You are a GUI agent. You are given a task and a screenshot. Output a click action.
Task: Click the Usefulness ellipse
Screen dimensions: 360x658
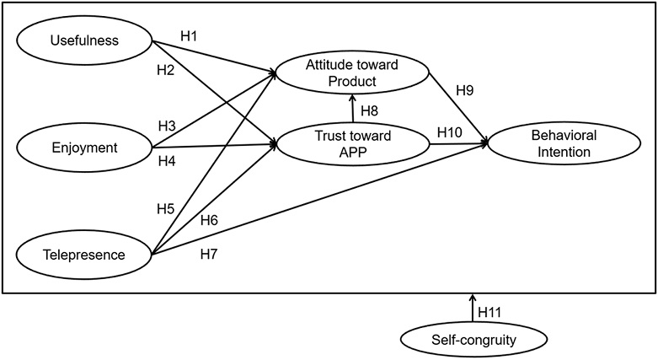click(x=83, y=40)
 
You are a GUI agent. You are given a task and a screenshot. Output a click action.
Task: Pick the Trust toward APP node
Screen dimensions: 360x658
click(x=352, y=143)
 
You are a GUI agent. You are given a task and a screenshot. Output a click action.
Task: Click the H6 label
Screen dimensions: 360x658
click(x=210, y=221)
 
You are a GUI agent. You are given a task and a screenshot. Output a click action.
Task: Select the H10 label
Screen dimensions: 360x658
click(x=449, y=132)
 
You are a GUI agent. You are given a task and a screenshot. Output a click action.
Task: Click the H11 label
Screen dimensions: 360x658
click(x=490, y=311)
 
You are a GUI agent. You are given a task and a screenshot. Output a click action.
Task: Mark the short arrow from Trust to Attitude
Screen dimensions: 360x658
click(x=353, y=109)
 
